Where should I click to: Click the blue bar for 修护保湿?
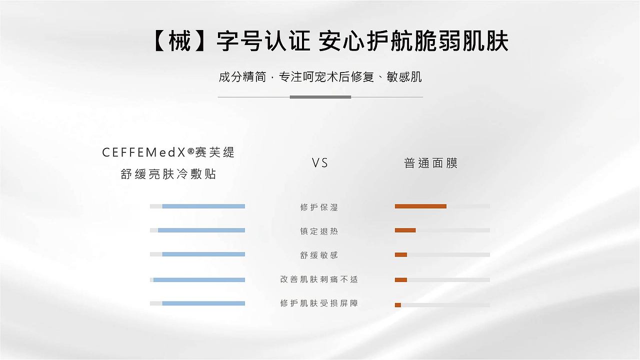coord(203,206)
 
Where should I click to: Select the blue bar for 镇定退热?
coord(201,230)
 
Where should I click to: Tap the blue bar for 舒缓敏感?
coord(203,254)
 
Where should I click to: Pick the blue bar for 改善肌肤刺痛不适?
coord(199,279)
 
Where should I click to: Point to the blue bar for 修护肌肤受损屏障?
coord(203,303)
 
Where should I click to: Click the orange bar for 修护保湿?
coord(420,206)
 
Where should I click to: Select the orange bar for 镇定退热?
coord(405,230)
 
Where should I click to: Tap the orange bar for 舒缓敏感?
coord(401,254)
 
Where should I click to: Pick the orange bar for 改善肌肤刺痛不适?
coord(401,279)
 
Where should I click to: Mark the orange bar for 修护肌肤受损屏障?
coord(398,304)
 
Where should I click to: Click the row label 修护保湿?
coord(319,207)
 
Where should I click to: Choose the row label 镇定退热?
coord(319,231)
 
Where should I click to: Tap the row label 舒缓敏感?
coord(319,255)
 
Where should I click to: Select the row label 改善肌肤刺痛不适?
coord(319,279)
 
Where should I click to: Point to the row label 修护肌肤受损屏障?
coord(319,303)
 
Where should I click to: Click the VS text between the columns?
coord(320,163)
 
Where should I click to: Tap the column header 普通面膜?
coord(430,163)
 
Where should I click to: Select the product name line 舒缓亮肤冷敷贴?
coord(168,174)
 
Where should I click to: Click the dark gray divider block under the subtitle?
coord(320,96)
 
